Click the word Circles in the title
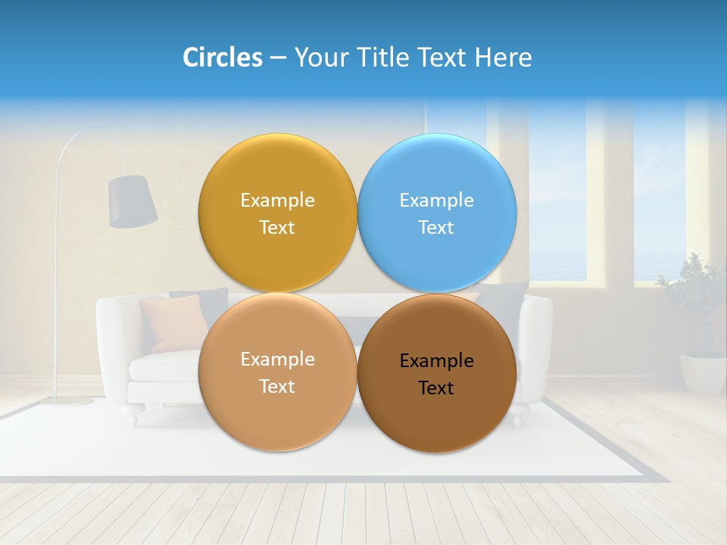(x=222, y=58)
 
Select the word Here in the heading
(x=503, y=58)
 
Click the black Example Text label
(x=436, y=374)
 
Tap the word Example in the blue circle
(x=436, y=201)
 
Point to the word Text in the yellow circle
(x=277, y=228)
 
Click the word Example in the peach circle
(x=277, y=360)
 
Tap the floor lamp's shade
(x=132, y=201)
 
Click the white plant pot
(x=703, y=373)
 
